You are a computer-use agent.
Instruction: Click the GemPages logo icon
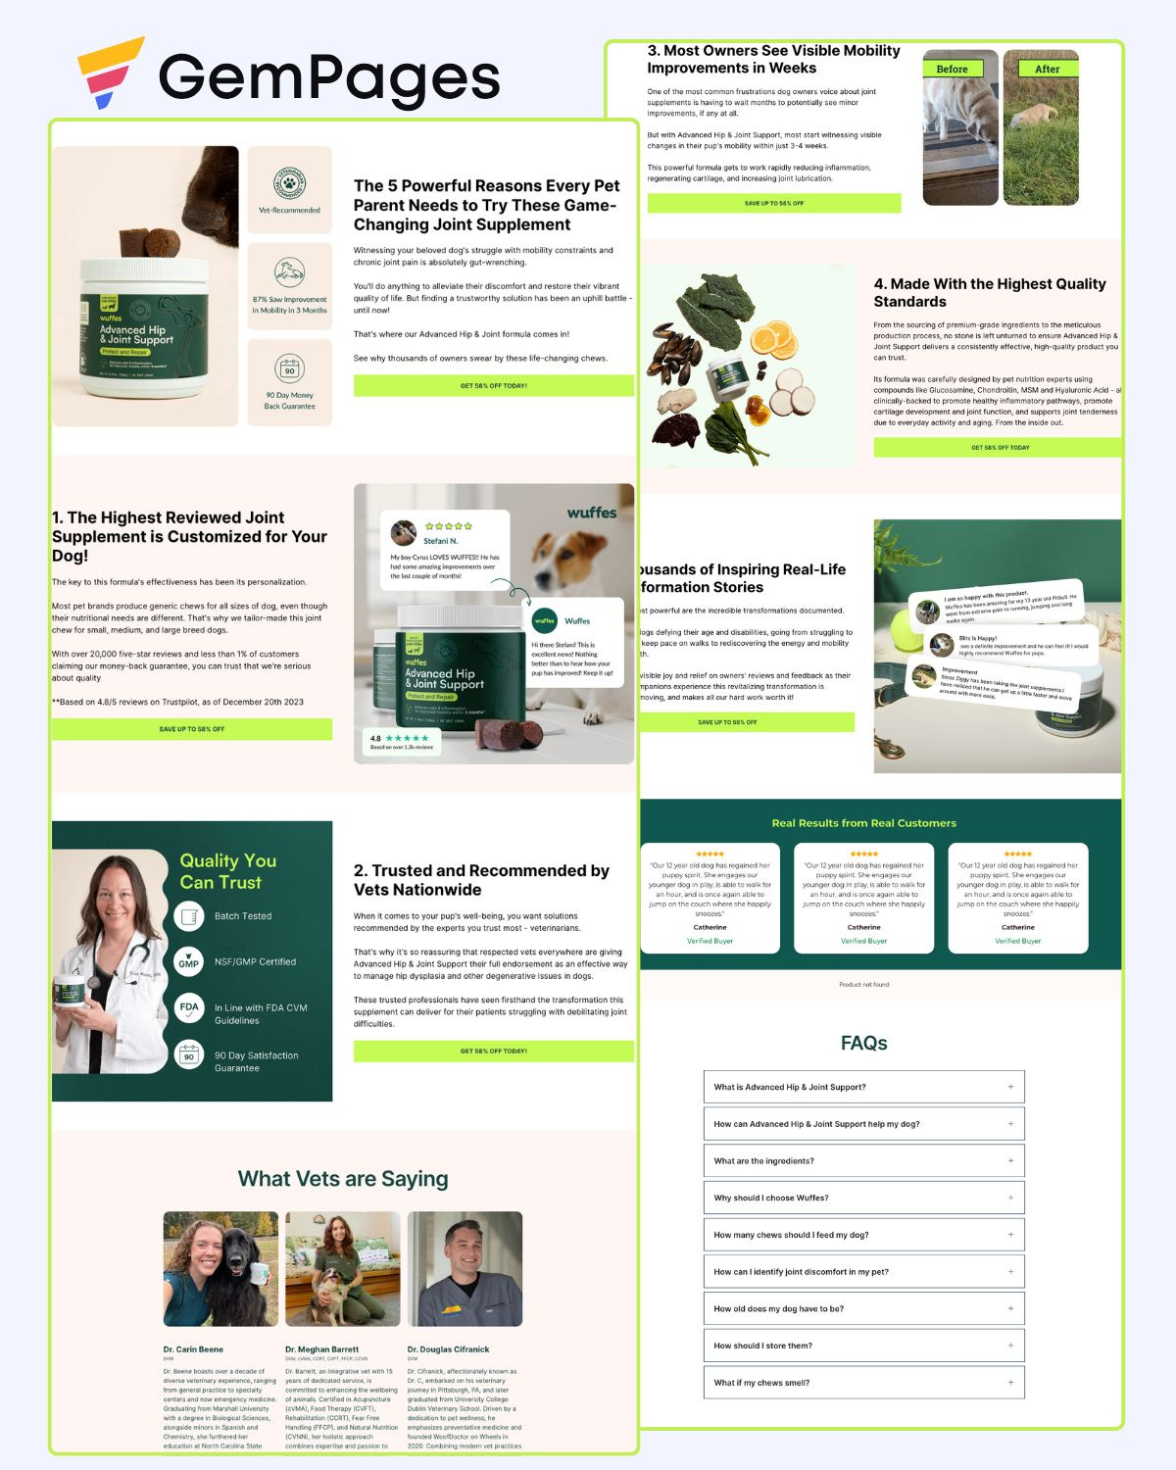[x=110, y=73]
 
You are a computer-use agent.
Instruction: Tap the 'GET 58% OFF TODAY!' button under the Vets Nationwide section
[x=493, y=1051]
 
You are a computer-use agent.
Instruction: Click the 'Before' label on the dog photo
[x=952, y=69]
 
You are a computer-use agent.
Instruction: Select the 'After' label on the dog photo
[x=1047, y=69]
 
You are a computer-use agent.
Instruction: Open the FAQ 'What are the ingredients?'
[x=863, y=1160]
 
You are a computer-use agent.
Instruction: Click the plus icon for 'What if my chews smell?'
[x=1010, y=1382]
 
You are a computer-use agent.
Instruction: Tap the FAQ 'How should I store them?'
[x=863, y=1346]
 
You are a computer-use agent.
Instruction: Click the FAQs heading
[x=863, y=1043]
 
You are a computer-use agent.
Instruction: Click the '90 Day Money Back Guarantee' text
[x=289, y=401]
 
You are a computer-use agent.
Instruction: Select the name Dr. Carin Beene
[x=193, y=1349]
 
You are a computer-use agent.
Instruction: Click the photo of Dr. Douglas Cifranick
[x=465, y=1268]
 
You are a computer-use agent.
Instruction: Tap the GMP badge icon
[x=189, y=962]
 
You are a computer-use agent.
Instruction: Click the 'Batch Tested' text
[x=243, y=916]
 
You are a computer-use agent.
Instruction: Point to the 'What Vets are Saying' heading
[x=343, y=1179]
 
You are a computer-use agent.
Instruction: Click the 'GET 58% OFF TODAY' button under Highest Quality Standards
[x=999, y=447]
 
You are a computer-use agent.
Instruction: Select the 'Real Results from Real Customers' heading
[x=863, y=823]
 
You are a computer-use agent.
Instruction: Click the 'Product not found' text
[x=863, y=984]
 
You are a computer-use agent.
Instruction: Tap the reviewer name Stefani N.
[x=440, y=541]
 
